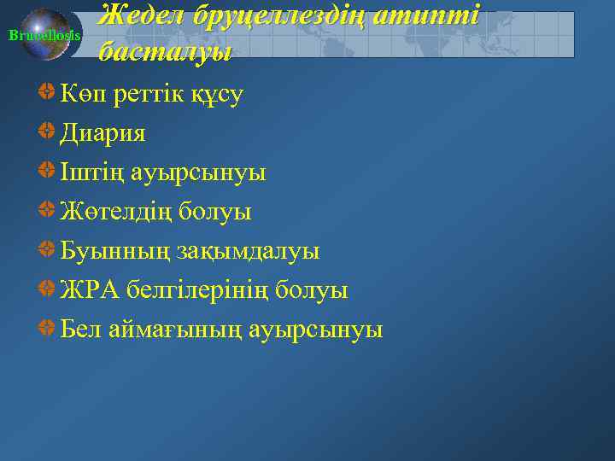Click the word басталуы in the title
(x=165, y=52)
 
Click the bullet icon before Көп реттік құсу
(x=48, y=93)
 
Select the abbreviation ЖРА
(x=89, y=290)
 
